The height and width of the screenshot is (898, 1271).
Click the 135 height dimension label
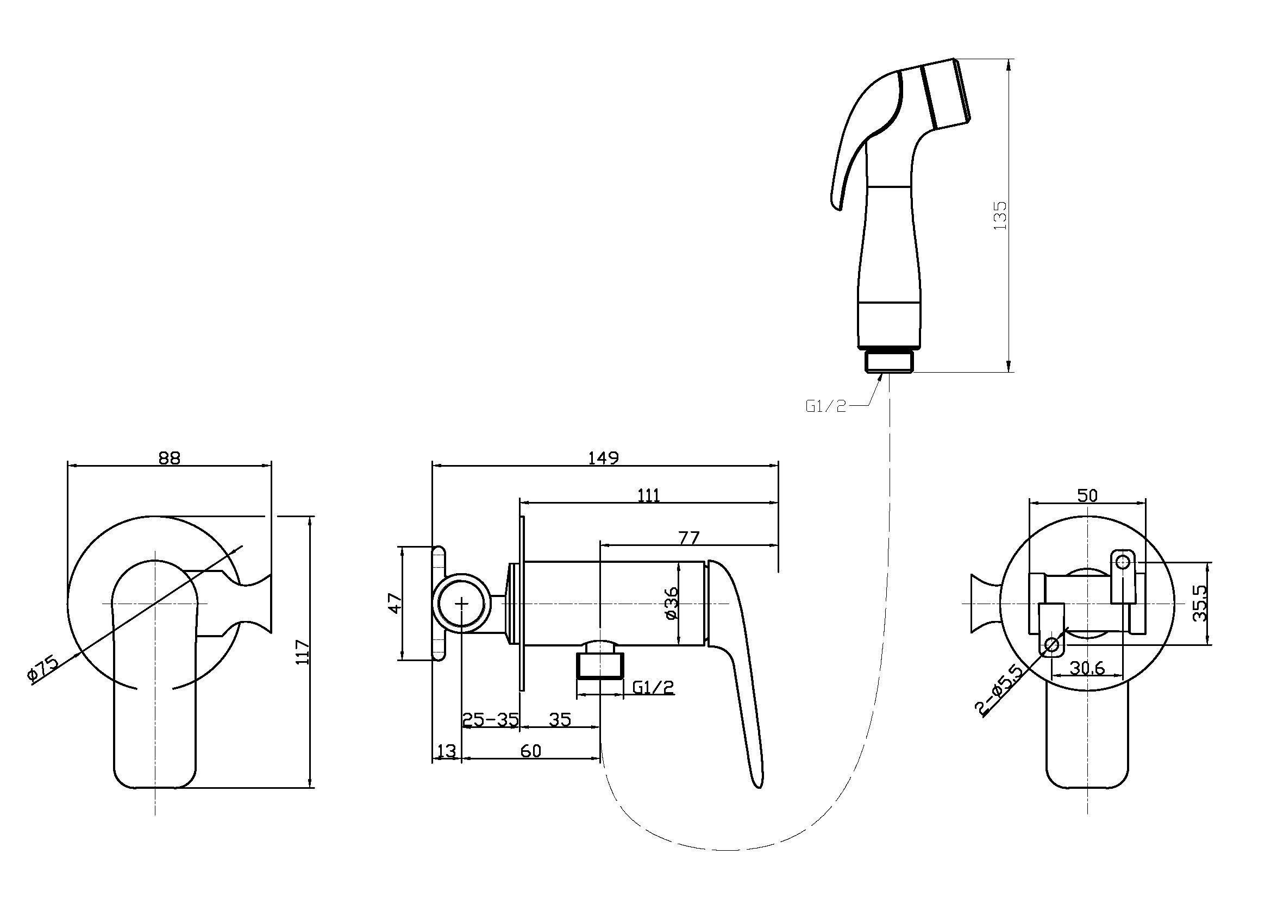1000,215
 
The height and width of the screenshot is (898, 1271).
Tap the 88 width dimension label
170,458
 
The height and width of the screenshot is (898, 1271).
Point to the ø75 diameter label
42,670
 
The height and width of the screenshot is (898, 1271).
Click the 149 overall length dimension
603,458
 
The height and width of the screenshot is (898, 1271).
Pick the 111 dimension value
648,495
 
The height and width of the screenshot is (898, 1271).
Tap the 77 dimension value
688,537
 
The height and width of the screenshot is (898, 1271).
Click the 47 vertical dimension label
395,603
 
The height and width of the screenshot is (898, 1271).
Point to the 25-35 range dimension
491,719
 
